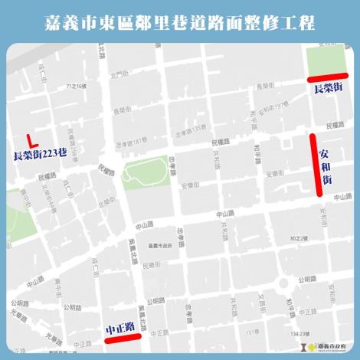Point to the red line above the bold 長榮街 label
(326, 77)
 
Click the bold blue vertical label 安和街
(326, 164)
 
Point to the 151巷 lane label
(250, 332)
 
